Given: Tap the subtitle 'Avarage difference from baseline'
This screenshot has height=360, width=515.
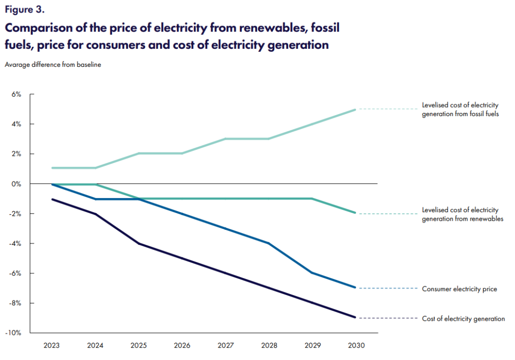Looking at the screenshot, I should coord(53,64).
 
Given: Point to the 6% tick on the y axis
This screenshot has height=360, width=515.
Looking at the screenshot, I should coord(17,94).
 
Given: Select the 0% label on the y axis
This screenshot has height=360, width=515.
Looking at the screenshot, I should coord(17,184).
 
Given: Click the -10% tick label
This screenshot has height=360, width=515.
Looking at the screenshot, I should coord(15,333).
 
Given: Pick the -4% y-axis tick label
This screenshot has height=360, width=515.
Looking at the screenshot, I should coord(16,243).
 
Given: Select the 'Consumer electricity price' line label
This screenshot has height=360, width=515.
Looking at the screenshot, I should coord(459,289).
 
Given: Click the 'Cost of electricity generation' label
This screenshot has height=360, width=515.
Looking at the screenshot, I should coord(463,319).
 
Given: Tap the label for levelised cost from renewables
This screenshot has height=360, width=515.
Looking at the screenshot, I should coord(463,214).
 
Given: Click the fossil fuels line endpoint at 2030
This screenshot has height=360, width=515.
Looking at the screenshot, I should coord(355,110).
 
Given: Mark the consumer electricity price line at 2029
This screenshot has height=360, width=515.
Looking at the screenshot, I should coord(312,273).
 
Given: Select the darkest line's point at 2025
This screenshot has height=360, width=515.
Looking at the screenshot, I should coord(139,244).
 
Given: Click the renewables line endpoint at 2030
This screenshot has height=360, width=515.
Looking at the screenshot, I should coord(355,213).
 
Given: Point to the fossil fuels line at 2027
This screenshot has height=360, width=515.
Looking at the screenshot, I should coord(225,139).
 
